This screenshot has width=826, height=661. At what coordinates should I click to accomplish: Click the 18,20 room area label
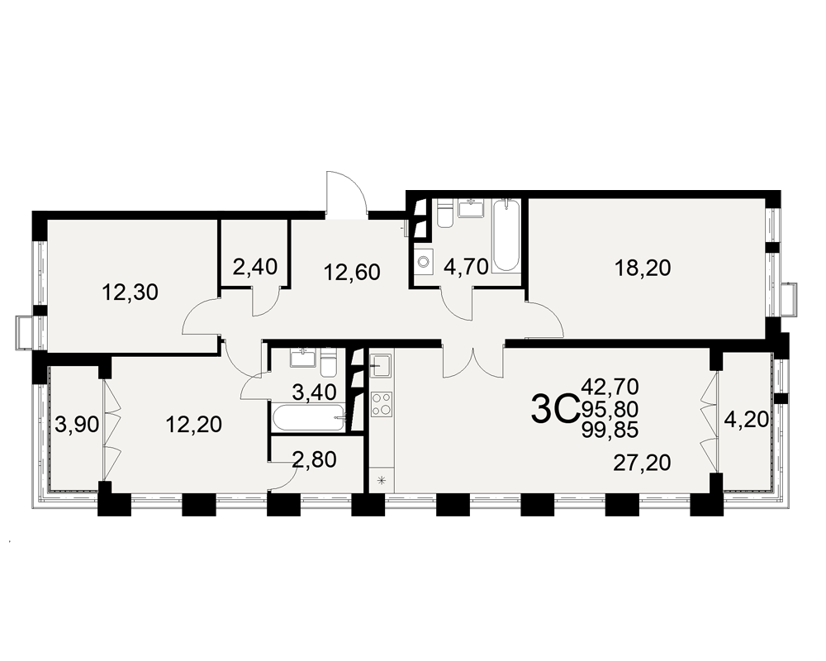643,269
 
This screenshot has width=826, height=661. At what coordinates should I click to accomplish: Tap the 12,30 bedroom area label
130,292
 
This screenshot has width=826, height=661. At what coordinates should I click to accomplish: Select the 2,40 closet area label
255,267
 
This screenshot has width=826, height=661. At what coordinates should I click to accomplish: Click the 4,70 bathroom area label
466,267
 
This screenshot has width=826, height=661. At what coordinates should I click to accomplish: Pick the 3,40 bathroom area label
314,392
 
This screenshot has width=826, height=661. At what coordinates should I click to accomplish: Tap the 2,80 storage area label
314,459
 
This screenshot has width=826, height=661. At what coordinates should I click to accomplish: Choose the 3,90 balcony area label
78,425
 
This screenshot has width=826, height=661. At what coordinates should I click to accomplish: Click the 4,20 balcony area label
746,420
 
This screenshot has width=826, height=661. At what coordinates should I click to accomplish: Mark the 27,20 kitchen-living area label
642,464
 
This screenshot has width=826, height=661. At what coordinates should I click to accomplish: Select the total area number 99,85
610,430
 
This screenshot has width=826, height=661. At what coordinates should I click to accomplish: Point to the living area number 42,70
610,387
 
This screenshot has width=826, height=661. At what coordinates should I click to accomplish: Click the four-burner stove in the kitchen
382,404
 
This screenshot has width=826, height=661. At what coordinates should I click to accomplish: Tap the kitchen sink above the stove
380,364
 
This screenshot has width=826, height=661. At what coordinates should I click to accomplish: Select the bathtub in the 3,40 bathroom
309,419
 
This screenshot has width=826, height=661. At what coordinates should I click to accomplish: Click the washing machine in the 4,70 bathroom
424,261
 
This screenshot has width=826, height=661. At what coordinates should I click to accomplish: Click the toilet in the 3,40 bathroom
329,363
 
